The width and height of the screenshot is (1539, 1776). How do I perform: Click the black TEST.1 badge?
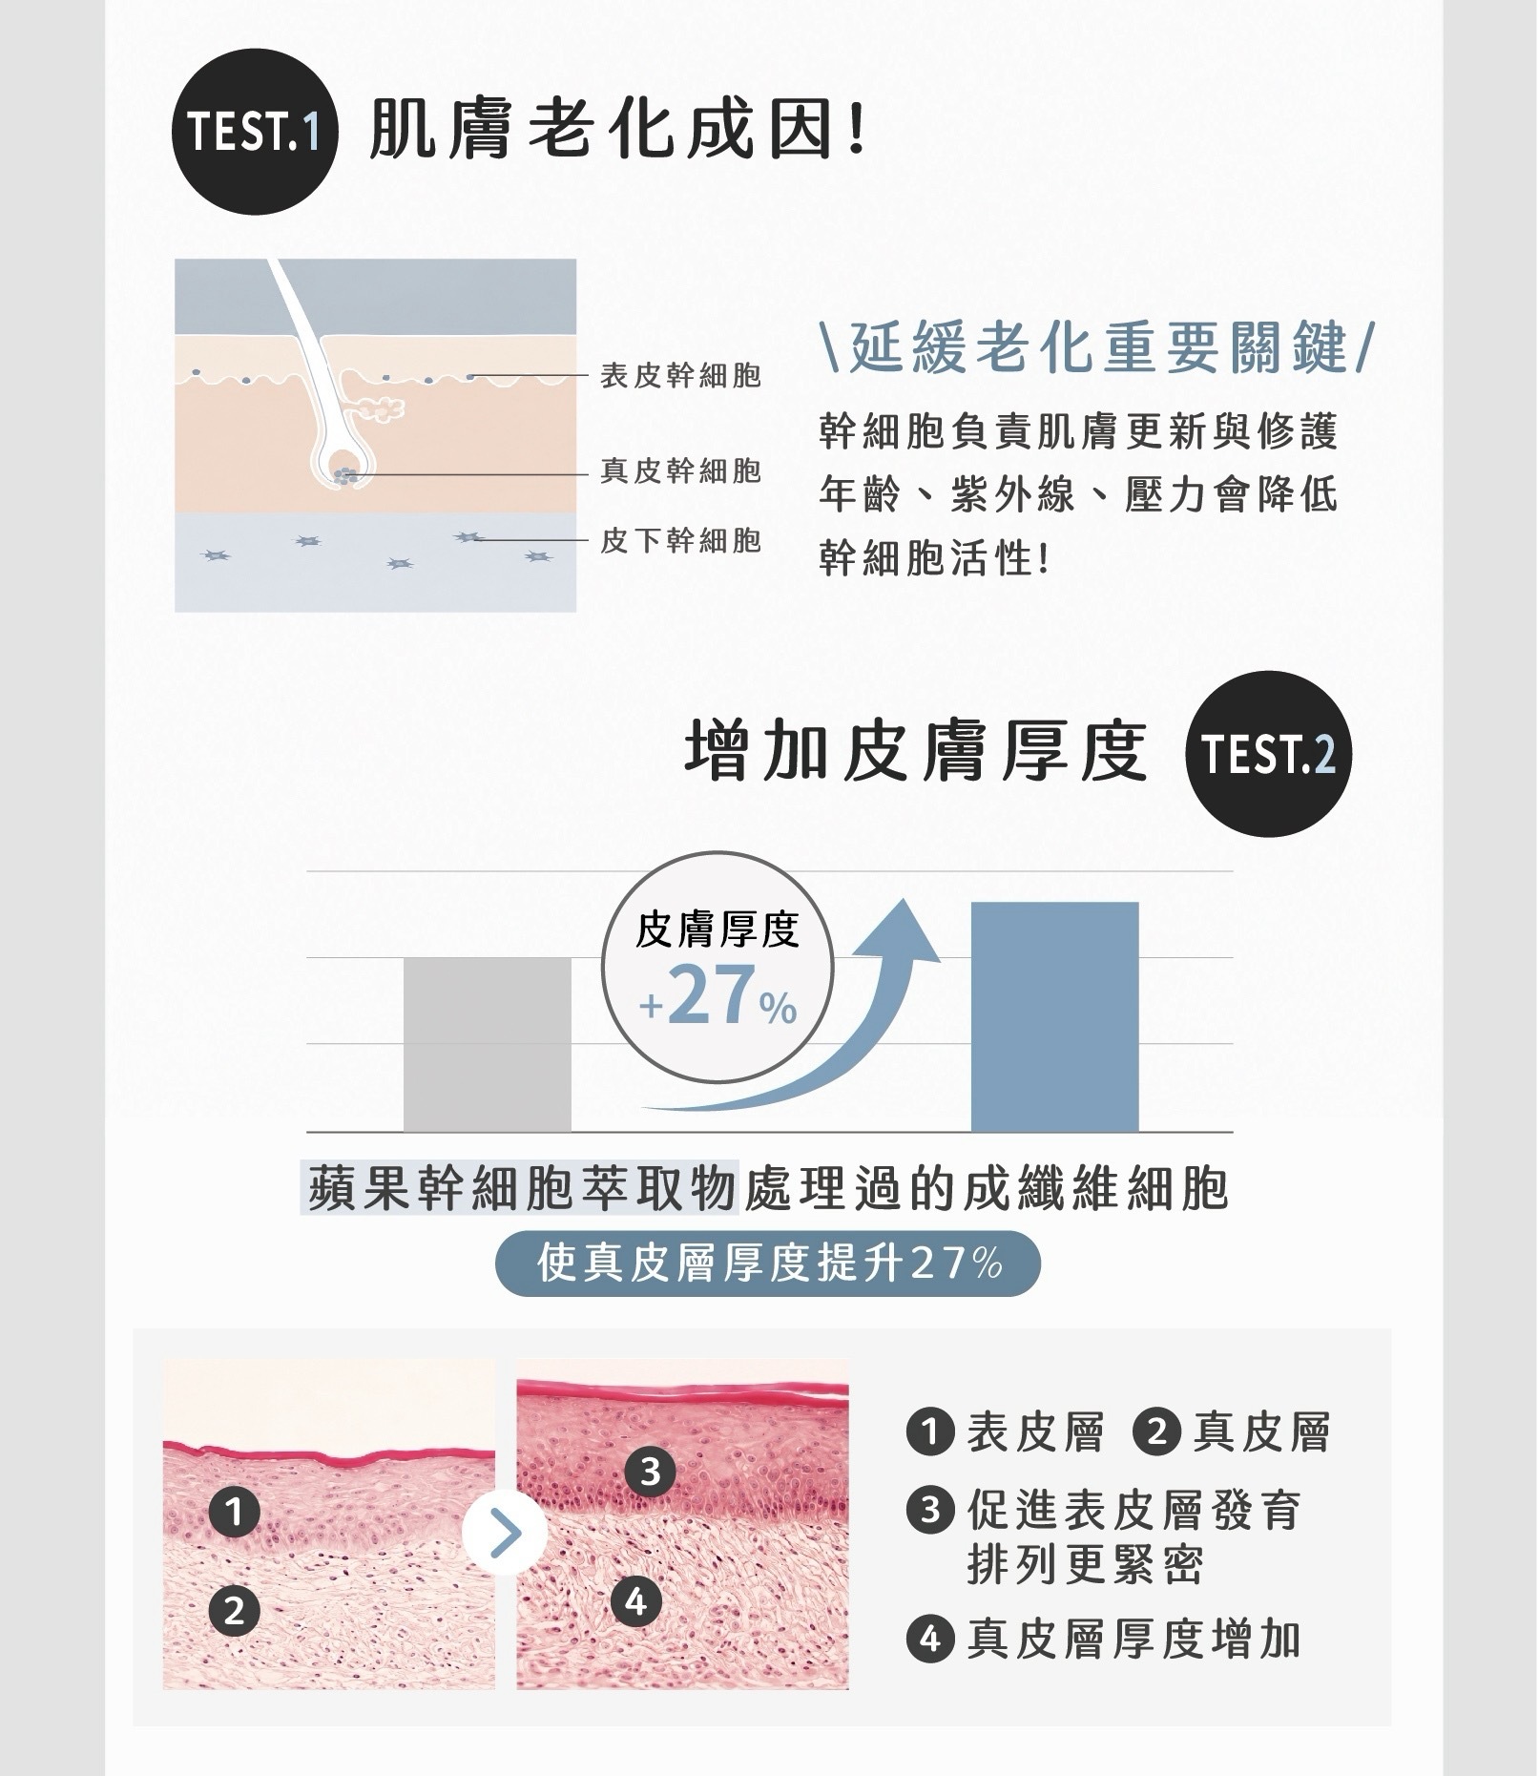point(254,132)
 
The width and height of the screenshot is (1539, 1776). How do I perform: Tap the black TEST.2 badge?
point(1268,754)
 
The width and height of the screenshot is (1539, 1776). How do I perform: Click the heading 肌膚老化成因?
point(617,131)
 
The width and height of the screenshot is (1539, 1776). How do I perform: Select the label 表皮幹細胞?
point(680,376)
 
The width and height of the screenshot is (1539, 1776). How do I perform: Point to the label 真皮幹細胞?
point(680,470)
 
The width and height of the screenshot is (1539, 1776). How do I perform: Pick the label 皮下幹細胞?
point(680,541)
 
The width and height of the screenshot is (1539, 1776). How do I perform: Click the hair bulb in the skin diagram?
point(344,475)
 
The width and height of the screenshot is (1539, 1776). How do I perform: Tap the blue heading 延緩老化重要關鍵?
point(1096,347)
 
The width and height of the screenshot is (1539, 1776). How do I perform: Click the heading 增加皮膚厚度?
point(917,752)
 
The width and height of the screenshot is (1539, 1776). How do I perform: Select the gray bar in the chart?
point(487,1044)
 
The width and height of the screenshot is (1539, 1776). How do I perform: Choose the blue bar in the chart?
point(1054,1016)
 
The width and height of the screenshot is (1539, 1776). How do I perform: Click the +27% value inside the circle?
point(718,997)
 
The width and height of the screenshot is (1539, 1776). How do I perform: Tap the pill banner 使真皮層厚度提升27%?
point(767,1264)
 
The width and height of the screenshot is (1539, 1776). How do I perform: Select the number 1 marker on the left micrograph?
point(235,1512)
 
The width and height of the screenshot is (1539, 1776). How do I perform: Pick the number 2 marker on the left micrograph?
point(235,1612)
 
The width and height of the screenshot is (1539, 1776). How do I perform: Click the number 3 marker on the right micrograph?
point(650,1472)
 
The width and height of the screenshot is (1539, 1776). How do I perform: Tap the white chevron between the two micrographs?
point(505,1534)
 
